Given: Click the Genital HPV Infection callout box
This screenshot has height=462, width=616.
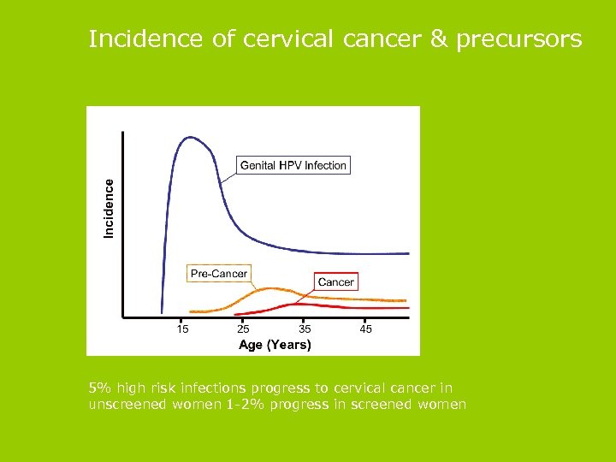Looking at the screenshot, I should tap(293, 165).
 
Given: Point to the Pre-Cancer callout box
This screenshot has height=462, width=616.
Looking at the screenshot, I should tap(218, 274).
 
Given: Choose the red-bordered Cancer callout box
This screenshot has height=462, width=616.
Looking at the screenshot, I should tap(335, 281).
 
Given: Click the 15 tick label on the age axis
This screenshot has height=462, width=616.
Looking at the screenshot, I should tap(182, 329).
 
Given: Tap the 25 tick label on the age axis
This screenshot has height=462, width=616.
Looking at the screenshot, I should tap(244, 329).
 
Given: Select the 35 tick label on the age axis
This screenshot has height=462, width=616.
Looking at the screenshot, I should tap(305, 329).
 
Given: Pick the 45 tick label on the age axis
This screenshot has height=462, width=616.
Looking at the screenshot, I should tap(366, 329).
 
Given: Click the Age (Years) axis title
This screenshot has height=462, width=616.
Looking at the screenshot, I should tap(275, 345).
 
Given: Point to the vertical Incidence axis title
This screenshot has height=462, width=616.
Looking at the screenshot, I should tap(109, 208).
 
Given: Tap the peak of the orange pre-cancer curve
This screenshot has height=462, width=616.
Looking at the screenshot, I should tap(269, 288).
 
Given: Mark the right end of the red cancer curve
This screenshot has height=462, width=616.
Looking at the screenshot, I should tap(407, 307).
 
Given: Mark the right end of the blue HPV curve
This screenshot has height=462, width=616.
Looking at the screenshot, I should tap(408, 253).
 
